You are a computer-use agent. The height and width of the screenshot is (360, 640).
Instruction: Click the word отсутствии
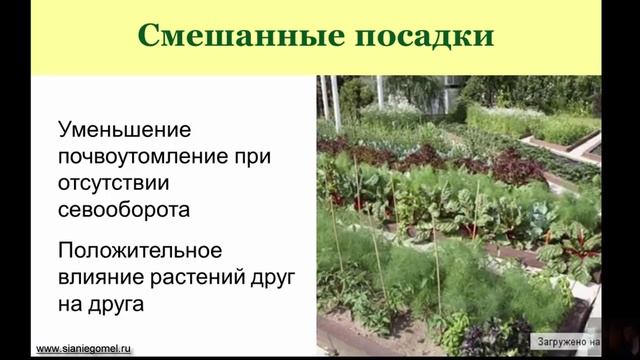tap(115, 184)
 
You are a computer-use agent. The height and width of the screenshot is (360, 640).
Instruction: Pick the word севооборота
tap(124, 210)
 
